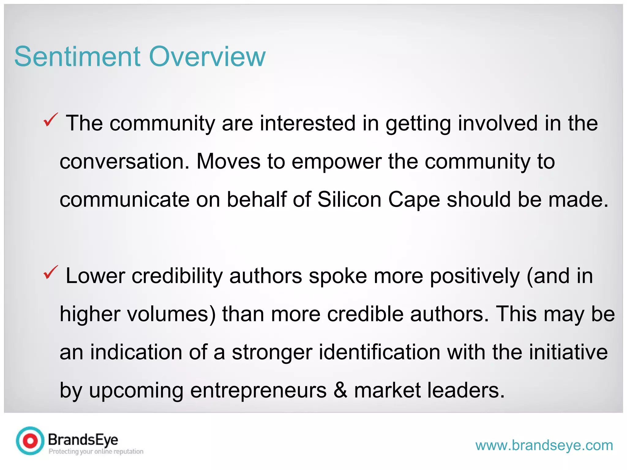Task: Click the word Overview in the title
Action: point(207,57)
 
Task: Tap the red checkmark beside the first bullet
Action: point(51,120)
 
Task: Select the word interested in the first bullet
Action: point(308,123)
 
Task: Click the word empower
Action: point(336,162)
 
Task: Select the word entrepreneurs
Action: point(258,391)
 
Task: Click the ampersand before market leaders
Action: point(340,390)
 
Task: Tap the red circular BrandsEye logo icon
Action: point(30,441)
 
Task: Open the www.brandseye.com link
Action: point(544,446)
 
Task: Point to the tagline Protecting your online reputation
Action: point(96,452)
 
